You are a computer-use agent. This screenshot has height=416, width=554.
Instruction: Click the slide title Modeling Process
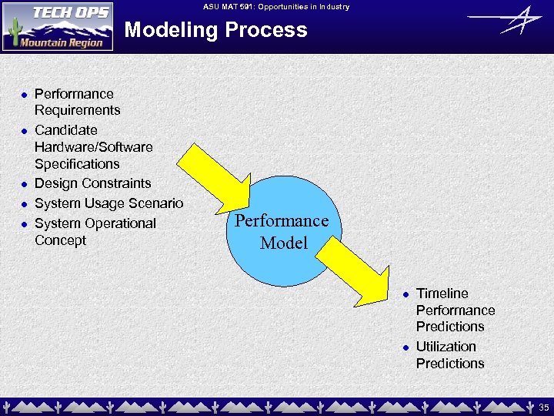[215, 30]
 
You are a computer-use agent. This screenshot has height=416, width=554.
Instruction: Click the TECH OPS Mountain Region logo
[58, 26]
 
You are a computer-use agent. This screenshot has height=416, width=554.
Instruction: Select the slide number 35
[543, 407]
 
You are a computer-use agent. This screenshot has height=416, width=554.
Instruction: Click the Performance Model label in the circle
[282, 231]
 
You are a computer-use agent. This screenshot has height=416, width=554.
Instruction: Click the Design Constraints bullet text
[92, 183]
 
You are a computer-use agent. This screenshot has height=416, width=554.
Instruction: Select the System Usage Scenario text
[108, 203]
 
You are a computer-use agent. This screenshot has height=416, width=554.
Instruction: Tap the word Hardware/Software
[93, 146]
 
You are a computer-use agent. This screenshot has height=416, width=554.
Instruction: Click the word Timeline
[442, 294]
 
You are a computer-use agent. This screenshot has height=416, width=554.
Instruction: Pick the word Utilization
[446, 347]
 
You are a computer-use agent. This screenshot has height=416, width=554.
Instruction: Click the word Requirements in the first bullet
[77, 110]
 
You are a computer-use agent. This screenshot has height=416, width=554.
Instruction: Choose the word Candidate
[65, 130]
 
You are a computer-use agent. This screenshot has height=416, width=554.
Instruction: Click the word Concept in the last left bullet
[60, 240]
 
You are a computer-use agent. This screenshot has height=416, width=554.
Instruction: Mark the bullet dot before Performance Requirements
[24, 95]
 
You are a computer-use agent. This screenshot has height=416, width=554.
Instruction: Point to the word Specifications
[77, 163]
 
